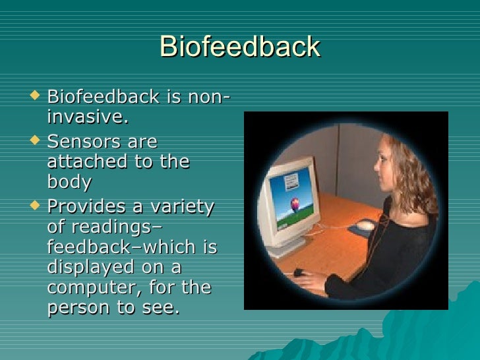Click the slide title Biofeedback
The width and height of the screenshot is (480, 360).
click(x=239, y=47)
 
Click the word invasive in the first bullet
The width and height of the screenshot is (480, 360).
click(x=86, y=117)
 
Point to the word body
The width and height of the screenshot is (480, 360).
click(x=69, y=181)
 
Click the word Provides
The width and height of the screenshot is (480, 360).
click(x=86, y=206)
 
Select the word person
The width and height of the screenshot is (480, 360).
click(x=81, y=309)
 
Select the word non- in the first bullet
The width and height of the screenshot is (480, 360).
click(x=208, y=98)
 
